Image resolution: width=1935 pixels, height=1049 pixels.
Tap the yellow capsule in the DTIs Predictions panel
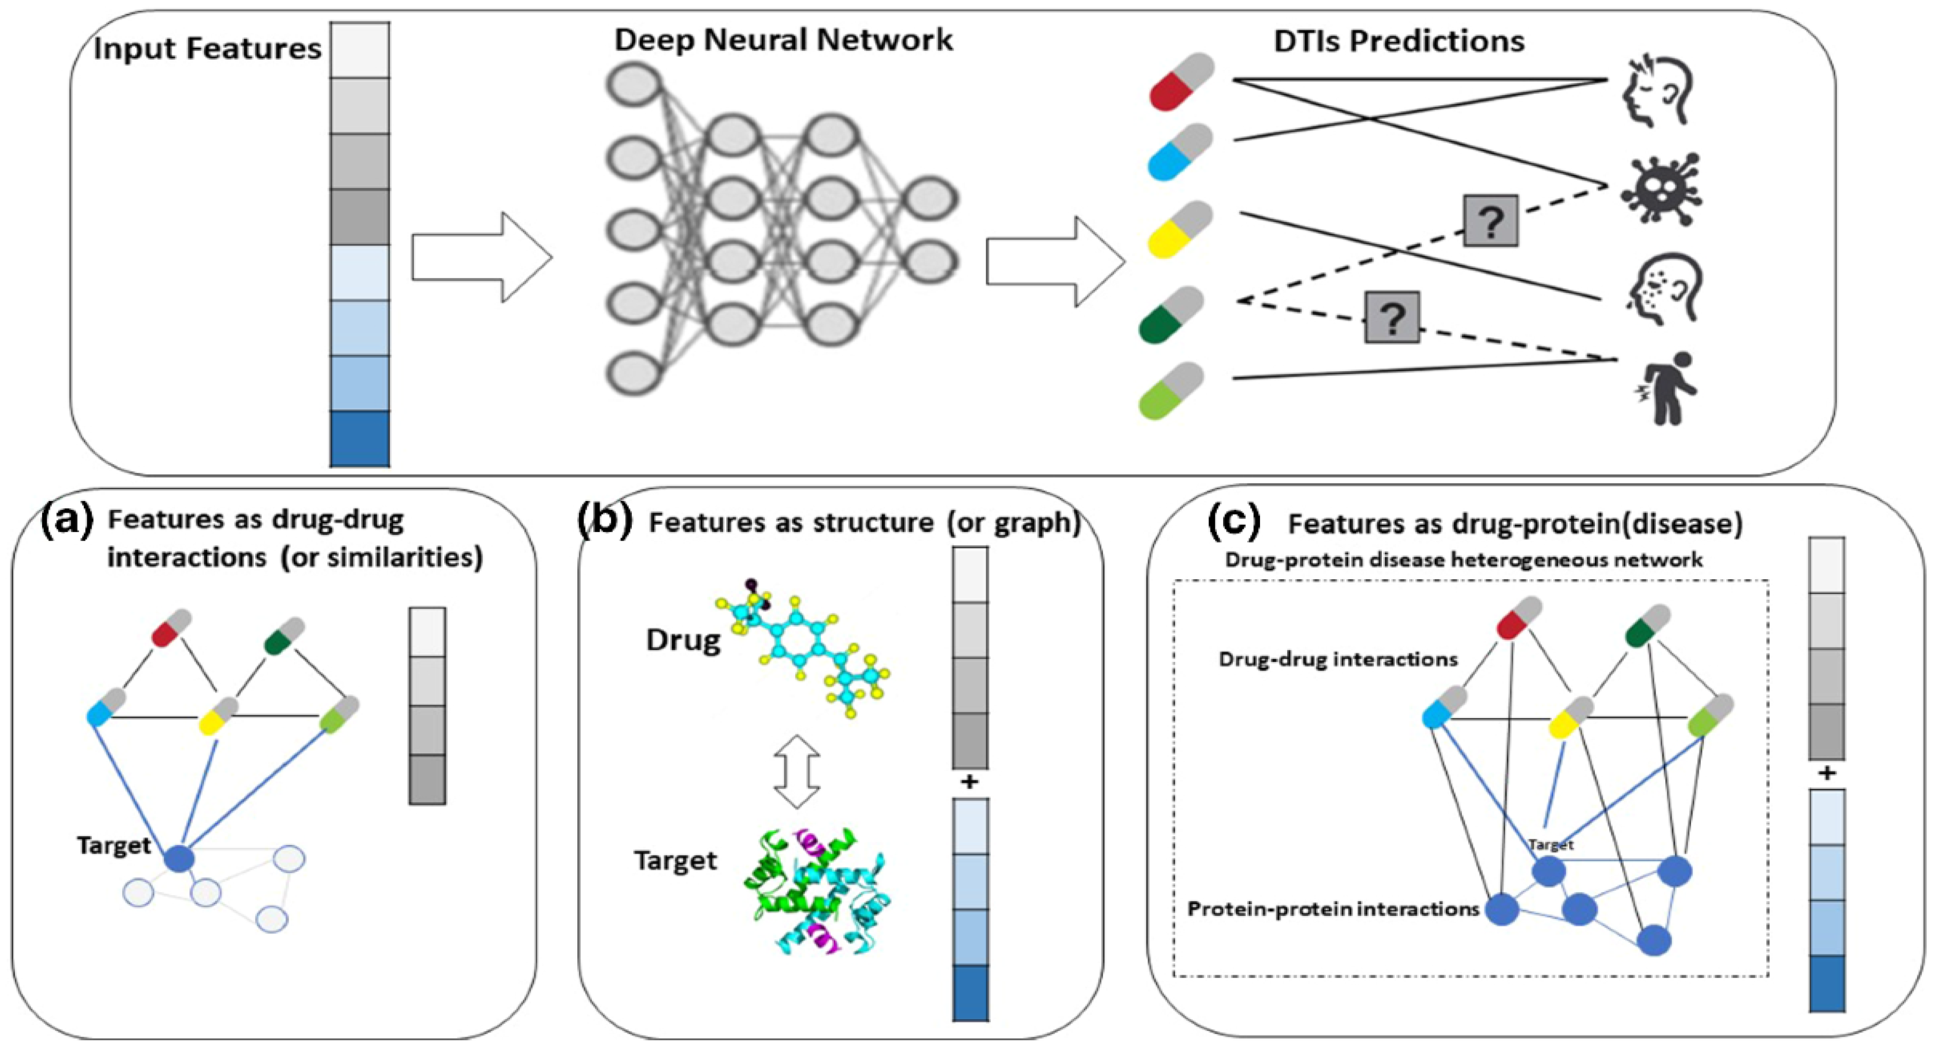pos(1181,229)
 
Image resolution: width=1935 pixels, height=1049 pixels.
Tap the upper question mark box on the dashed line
pos(1490,221)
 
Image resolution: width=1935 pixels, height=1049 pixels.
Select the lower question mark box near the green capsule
pos(1392,317)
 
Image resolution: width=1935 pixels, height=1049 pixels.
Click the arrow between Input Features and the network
pos(481,257)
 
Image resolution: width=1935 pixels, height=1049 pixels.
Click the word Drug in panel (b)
pos(683,640)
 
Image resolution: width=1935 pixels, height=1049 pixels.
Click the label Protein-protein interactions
pos(1332,909)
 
